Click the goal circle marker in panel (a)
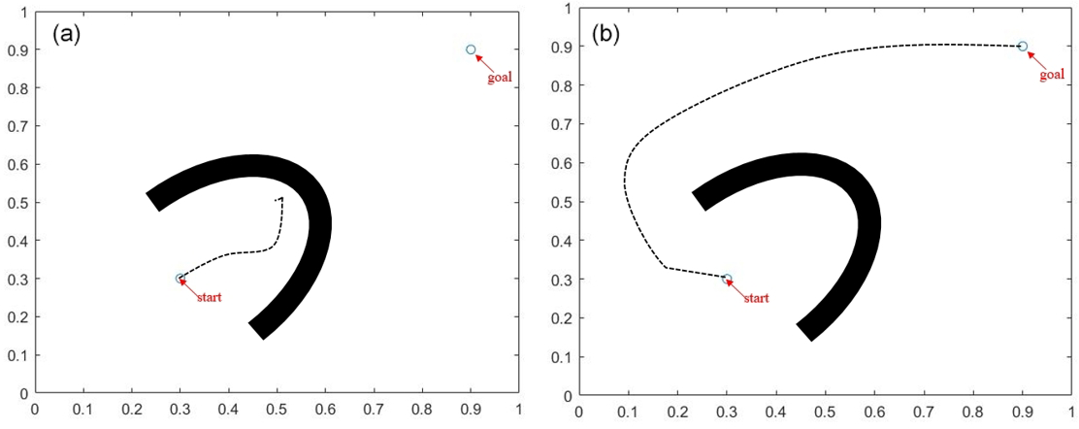471,49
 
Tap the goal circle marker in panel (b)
1023,46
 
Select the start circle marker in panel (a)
180,279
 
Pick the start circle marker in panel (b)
727,279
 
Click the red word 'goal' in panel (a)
499,77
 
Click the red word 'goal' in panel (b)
1052,74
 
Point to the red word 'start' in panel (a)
209,297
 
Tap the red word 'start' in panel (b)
756,298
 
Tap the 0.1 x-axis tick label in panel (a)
83,411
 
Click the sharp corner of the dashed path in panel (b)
666,266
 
